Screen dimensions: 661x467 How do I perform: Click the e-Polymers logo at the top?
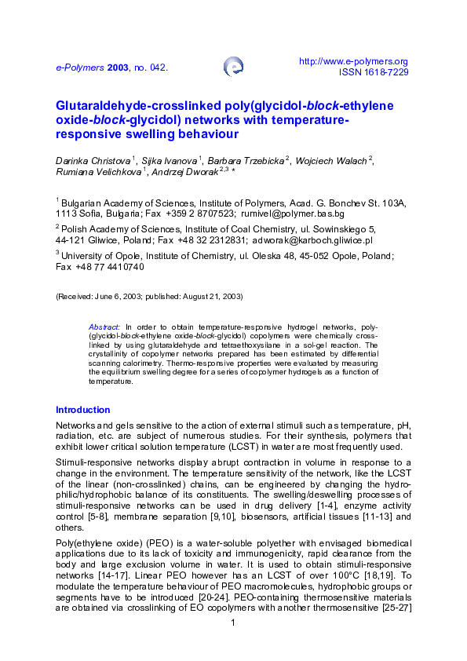click(x=233, y=67)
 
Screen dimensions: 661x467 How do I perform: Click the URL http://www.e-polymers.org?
click(x=355, y=61)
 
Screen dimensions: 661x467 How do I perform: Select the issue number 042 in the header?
click(x=158, y=68)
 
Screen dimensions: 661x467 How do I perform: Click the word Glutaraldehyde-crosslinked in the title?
click(x=128, y=106)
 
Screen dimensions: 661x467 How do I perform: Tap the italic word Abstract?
click(x=104, y=325)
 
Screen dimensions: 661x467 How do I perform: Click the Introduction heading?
click(x=82, y=410)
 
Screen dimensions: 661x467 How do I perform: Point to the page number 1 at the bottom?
click(x=233, y=623)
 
